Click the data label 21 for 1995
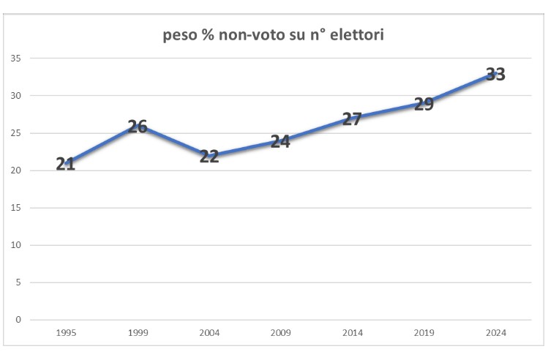click(66, 164)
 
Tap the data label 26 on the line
click(138, 127)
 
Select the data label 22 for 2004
click(209, 157)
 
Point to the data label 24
click(280, 141)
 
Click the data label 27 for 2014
click(352, 119)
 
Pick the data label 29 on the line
click(424, 104)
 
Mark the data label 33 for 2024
click(495, 74)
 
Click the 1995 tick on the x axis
click(66, 333)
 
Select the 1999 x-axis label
click(138, 333)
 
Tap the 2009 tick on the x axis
click(281, 333)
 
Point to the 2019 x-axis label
click(424, 333)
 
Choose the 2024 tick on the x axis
click(496, 333)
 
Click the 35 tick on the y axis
click(15, 59)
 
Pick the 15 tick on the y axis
click(15, 208)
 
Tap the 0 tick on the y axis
click(18, 320)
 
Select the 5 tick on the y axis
click(18, 282)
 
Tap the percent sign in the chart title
click(208, 34)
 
